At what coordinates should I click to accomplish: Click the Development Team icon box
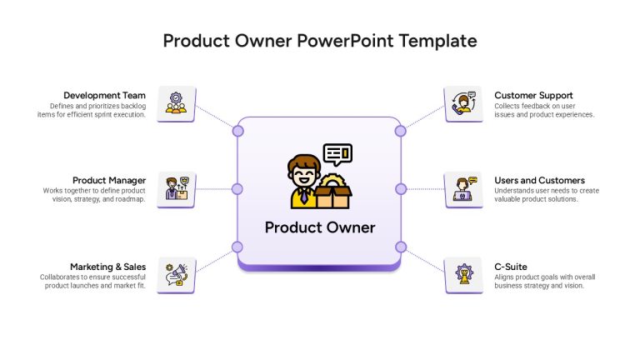click(x=177, y=103)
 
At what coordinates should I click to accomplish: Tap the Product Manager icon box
click(x=177, y=190)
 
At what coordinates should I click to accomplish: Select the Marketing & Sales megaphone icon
click(x=177, y=275)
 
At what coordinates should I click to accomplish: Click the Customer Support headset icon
click(x=463, y=103)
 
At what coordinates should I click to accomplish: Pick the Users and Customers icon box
click(x=463, y=190)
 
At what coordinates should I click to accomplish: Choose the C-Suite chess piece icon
click(x=464, y=274)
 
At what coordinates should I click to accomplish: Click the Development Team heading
click(x=104, y=96)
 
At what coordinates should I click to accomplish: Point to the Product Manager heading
click(x=109, y=180)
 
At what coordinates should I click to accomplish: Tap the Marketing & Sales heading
click(x=107, y=267)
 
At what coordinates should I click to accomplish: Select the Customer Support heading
click(x=533, y=96)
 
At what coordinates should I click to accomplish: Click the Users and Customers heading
click(x=539, y=180)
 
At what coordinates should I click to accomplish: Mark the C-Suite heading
click(x=511, y=267)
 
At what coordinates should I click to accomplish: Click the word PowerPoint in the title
click(x=345, y=41)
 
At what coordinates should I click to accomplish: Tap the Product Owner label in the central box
click(x=320, y=227)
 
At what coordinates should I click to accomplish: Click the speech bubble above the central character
click(x=337, y=154)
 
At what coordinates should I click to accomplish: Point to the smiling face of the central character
click(x=303, y=175)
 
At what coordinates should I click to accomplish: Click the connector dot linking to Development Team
click(x=238, y=131)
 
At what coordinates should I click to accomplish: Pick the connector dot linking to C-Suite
click(x=401, y=247)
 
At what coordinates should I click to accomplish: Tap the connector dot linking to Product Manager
click(x=237, y=189)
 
